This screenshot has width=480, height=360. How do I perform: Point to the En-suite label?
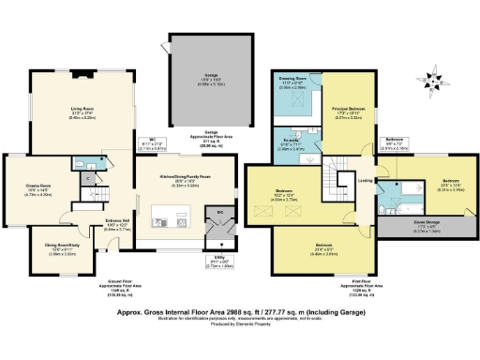(292, 142)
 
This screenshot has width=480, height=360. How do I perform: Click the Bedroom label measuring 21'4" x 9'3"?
(323, 246)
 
